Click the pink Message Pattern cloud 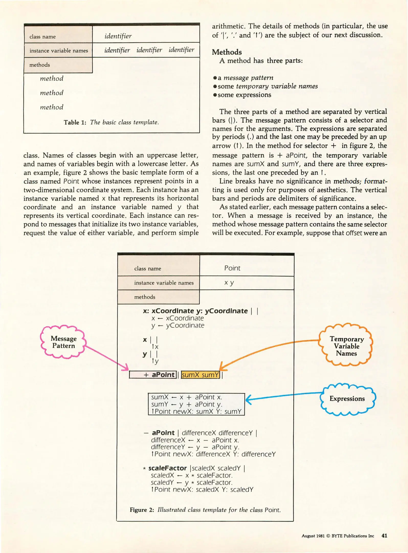(63, 342)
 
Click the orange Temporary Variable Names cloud (346, 346)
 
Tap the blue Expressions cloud (347, 398)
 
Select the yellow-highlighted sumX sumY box (200, 375)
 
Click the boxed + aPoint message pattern (153, 375)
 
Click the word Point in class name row (232, 268)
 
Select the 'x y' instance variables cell (229, 283)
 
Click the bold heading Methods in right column (227, 52)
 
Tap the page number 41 (384, 536)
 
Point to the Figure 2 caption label (142, 510)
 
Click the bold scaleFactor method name (168, 468)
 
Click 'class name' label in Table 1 (42, 37)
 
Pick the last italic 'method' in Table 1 (51, 107)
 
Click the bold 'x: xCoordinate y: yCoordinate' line (195, 311)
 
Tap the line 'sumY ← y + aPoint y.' (186, 404)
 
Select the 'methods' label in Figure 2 (145, 297)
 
